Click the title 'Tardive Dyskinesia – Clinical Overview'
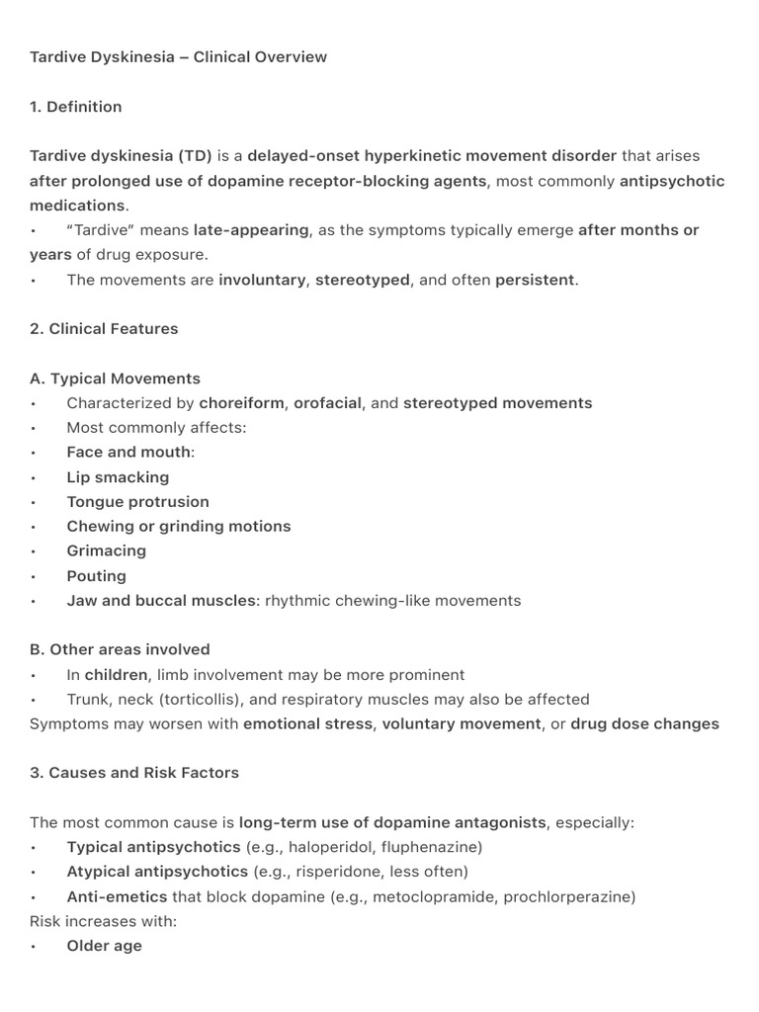pos(178,57)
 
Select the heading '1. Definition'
pos(76,107)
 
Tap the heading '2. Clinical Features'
pos(104,329)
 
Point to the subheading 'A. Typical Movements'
pos(115,379)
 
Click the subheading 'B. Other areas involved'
pos(120,649)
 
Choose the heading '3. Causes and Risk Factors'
pos(134,773)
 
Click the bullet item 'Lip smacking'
pos(118,477)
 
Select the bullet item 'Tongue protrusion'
pos(137,502)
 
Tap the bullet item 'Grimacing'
pos(106,550)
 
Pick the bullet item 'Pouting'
pos(96,576)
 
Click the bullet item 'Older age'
pos(104,946)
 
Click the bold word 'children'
pos(116,675)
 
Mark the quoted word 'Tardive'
pos(104,230)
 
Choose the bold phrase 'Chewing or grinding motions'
pos(178,527)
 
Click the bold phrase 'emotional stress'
pos(308,723)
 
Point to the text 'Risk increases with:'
pos(102,921)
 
